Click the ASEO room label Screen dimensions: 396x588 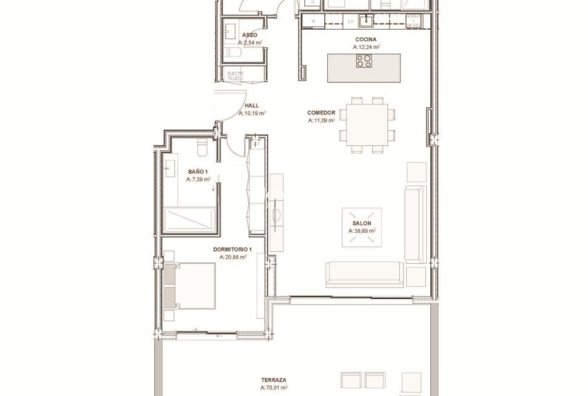[250, 35]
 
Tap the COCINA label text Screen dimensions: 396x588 [366, 39]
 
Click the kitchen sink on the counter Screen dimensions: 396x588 [369, 20]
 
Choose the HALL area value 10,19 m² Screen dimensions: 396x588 [252, 113]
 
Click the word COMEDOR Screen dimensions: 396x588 [322, 112]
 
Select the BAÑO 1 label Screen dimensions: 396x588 [197, 170]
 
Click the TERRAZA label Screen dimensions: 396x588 [274, 380]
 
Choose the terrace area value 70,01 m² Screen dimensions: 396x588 [274, 388]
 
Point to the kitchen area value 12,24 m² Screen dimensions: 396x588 [367, 47]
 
